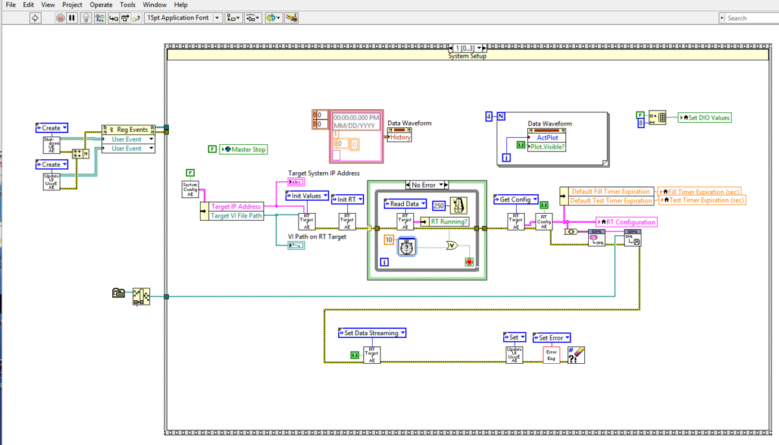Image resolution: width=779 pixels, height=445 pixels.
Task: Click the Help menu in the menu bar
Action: [181, 5]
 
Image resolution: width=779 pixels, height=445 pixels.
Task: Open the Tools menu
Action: [127, 5]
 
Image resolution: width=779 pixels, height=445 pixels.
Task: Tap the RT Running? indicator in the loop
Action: [449, 222]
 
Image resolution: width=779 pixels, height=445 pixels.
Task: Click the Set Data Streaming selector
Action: [371, 333]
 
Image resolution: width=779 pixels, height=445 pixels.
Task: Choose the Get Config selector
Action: [515, 199]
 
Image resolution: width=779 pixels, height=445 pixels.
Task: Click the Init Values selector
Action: [306, 196]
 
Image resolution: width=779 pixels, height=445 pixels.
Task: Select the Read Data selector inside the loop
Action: [403, 204]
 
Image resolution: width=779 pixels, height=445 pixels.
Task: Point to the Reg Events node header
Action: [129, 129]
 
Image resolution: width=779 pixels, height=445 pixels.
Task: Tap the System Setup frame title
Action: [467, 56]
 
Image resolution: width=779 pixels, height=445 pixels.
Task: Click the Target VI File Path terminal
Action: [237, 216]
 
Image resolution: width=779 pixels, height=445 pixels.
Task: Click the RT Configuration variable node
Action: [626, 222]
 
